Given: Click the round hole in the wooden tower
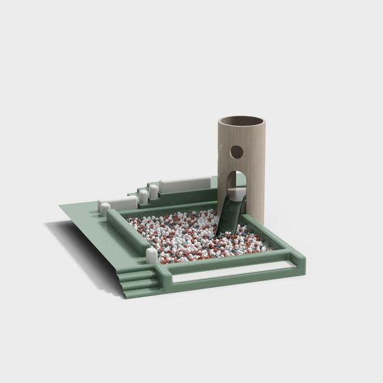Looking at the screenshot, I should tap(235, 151).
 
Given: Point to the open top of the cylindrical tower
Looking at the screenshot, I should tap(241, 122).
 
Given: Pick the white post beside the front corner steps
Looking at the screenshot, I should tap(151, 256).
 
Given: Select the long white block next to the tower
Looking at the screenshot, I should tap(185, 184).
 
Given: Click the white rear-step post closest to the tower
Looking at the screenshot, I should tap(154, 191).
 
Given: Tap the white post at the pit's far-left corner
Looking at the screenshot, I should tap(105, 207).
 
